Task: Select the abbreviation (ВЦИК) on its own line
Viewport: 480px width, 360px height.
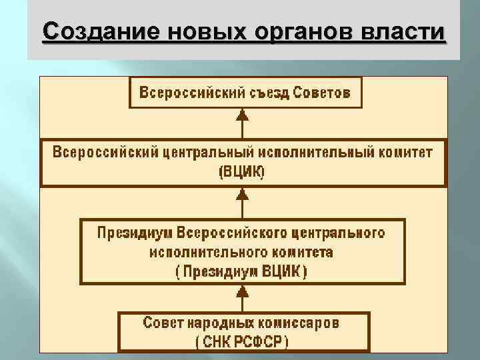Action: pos(242,171)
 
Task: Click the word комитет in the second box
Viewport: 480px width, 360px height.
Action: pos(403,152)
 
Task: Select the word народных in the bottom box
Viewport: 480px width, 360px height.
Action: pos(223,323)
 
